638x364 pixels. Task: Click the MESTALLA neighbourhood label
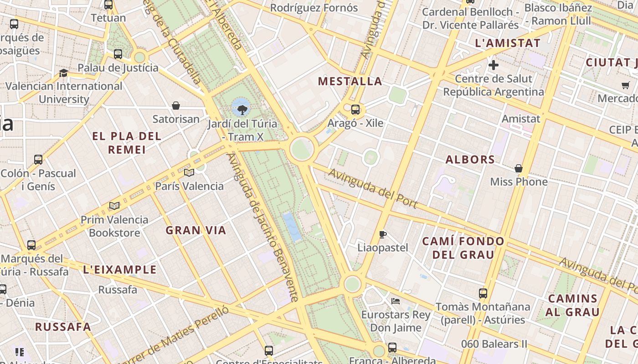pyautogui.click(x=350, y=81)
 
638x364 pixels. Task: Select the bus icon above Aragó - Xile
pyautogui.click(x=355, y=109)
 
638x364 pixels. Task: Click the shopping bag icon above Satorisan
pyautogui.click(x=176, y=106)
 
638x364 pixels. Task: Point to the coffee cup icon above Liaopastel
pyautogui.click(x=383, y=234)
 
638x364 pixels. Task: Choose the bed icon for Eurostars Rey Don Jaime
pyautogui.click(x=396, y=301)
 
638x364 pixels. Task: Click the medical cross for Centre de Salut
pyautogui.click(x=493, y=65)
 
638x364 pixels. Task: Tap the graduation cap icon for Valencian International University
pyautogui.click(x=63, y=73)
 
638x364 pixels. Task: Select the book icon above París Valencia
pyautogui.click(x=189, y=172)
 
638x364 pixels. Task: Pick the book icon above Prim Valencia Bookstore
pyautogui.click(x=114, y=206)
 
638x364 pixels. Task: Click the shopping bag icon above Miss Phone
pyautogui.click(x=519, y=168)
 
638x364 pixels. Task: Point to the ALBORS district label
pyautogui.click(x=470, y=160)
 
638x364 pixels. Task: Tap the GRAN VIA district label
pyautogui.click(x=196, y=230)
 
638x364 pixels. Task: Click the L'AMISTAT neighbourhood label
pyautogui.click(x=507, y=44)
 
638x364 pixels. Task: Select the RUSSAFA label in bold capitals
pyautogui.click(x=63, y=327)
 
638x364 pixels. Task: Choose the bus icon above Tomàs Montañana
pyautogui.click(x=483, y=293)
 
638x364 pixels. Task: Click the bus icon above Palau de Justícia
pyautogui.click(x=118, y=54)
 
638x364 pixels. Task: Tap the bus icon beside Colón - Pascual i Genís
pyautogui.click(x=38, y=160)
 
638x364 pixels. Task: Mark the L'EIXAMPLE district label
pyautogui.click(x=120, y=269)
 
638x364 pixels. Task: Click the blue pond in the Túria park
pyautogui.click(x=292, y=226)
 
